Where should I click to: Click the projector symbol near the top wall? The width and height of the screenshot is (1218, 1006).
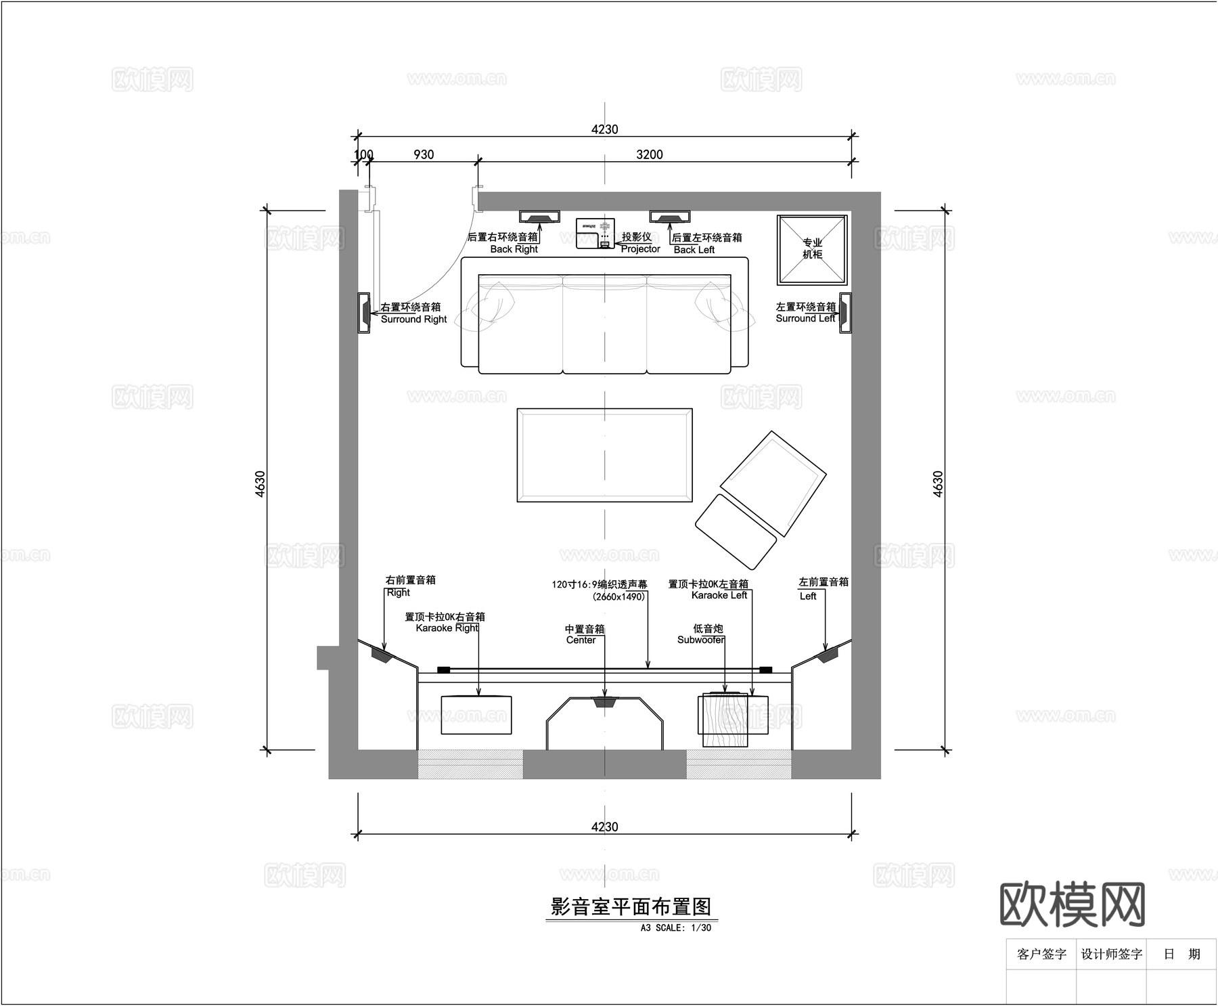[595, 233]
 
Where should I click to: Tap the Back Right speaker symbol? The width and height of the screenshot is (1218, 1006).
[539, 217]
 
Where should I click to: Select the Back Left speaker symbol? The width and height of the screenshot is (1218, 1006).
[670, 217]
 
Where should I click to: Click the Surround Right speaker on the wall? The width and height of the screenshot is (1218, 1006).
[364, 313]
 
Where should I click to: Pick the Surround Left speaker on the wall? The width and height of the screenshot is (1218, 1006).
[845, 313]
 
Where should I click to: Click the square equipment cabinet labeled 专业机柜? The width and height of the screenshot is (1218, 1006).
[812, 250]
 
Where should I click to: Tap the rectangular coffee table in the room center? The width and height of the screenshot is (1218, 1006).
[604, 455]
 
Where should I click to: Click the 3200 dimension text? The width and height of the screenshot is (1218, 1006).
[650, 154]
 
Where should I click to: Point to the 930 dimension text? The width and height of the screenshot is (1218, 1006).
[424, 154]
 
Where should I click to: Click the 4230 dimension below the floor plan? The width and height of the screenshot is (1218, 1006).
[604, 827]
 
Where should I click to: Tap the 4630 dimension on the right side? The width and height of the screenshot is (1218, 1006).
[938, 484]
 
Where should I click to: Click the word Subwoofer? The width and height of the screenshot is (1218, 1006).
[701, 640]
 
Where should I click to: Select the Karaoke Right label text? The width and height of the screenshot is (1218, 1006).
[447, 628]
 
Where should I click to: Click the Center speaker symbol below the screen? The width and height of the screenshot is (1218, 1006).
[605, 703]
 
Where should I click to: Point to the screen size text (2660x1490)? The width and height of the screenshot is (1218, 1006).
[618, 596]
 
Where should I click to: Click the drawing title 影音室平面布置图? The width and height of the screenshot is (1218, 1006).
[631, 906]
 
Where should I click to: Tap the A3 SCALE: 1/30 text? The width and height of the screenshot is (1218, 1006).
[675, 927]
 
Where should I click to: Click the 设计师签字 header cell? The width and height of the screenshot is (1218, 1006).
[1111, 954]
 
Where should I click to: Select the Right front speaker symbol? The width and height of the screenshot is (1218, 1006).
[380, 655]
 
